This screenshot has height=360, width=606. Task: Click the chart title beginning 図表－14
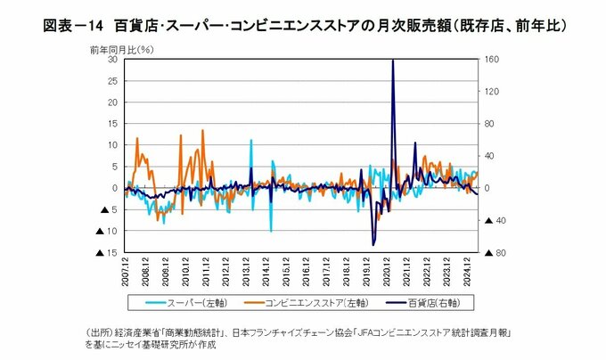tap(303, 25)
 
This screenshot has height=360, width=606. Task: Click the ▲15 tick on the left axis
tap(108, 253)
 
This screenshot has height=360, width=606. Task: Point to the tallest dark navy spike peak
tap(393, 61)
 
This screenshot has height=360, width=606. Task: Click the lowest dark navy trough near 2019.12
tap(373, 244)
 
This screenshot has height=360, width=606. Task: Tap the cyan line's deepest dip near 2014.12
tap(271, 231)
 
